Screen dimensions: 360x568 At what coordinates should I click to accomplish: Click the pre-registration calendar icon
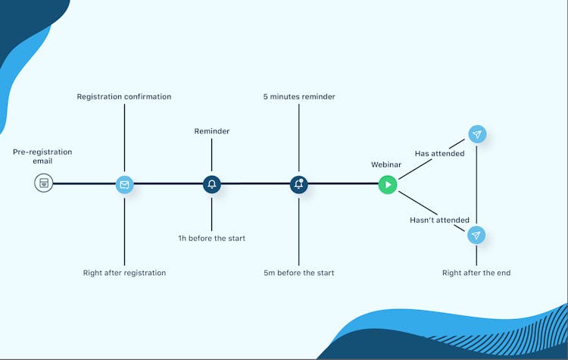44,183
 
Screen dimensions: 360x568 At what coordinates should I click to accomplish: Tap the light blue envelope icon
124,183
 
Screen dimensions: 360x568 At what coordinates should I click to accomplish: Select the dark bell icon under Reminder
211,183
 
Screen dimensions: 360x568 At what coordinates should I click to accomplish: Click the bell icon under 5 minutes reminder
299,183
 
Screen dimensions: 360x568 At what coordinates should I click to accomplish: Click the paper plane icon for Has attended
476,135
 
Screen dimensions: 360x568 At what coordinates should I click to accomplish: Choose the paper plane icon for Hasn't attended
476,235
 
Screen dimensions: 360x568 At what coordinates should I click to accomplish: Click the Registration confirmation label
124,97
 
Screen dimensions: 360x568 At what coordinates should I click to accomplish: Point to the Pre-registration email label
42,156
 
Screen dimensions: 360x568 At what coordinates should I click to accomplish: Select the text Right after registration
124,273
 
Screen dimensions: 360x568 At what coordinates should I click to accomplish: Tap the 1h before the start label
211,239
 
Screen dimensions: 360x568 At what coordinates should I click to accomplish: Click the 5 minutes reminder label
299,97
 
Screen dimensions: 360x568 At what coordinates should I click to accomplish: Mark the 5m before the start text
299,273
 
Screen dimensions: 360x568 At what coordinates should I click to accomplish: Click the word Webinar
385,164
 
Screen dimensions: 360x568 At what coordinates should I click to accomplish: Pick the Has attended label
434,154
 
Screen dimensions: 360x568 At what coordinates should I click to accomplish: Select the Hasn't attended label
439,221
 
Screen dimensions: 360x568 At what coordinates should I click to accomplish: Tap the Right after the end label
476,273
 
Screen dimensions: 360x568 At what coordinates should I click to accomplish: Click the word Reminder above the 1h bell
211,131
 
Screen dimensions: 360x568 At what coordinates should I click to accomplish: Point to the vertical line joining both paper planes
476,185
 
